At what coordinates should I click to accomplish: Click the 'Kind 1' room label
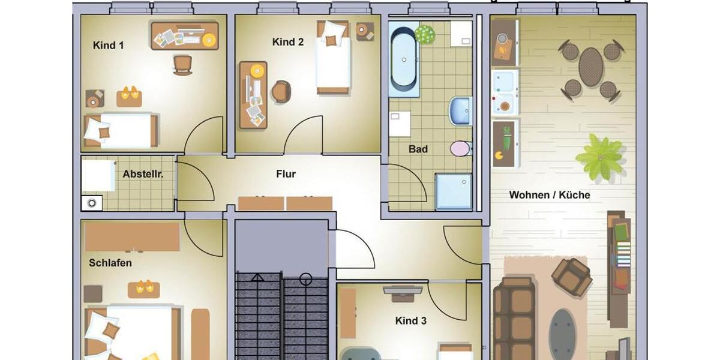click(109, 45)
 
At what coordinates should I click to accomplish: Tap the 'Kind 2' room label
click(288, 42)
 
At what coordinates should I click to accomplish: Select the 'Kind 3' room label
click(411, 321)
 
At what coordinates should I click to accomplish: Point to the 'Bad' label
click(418, 149)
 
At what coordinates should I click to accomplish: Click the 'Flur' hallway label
click(286, 174)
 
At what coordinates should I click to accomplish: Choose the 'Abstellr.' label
click(143, 174)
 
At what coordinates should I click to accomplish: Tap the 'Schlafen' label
click(110, 263)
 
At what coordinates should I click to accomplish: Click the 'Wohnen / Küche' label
click(550, 195)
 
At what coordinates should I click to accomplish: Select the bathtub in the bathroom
click(403, 59)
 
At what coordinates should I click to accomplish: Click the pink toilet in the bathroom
click(461, 148)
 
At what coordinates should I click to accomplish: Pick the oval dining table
click(590, 67)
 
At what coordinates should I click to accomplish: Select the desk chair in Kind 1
click(182, 64)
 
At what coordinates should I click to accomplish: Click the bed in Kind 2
click(333, 59)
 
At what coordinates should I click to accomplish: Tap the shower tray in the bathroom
click(454, 191)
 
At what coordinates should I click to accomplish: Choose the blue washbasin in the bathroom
click(460, 111)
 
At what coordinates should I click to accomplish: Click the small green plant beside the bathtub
click(425, 34)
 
